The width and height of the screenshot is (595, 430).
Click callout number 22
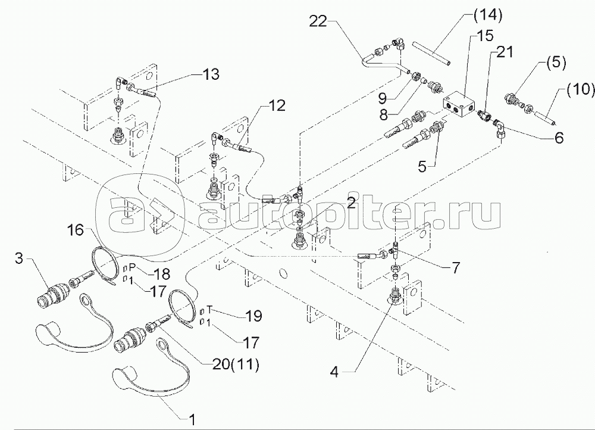click(x=320, y=21)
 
